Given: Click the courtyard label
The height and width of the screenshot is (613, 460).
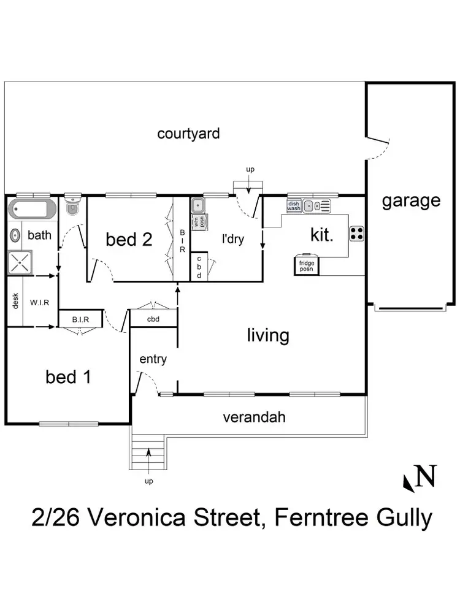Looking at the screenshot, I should (188, 134).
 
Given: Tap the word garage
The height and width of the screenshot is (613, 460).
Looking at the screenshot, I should (411, 200).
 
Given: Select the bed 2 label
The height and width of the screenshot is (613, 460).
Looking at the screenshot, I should (129, 239).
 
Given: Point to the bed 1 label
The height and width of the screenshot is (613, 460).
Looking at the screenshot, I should (68, 377).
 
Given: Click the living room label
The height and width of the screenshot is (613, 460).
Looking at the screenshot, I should (268, 335).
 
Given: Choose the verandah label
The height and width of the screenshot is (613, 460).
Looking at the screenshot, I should (254, 418).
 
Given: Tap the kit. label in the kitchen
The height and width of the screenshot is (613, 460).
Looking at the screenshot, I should (321, 235).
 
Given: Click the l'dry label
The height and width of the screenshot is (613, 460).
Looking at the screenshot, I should (232, 238).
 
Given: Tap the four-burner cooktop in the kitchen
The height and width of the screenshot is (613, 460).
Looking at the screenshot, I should (357, 234).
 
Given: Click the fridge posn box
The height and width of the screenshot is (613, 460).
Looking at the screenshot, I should (306, 265).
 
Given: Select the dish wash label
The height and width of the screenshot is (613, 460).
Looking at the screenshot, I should (293, 206).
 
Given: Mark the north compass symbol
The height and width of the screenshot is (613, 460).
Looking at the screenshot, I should (420, 478).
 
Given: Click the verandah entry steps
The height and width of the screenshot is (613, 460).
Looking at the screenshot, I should (148, 452).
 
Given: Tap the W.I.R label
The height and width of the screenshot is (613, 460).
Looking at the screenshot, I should (40, 302).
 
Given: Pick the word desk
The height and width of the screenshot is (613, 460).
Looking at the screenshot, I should (15, 301).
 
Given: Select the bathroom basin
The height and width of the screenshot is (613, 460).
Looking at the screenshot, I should (15, 235).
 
